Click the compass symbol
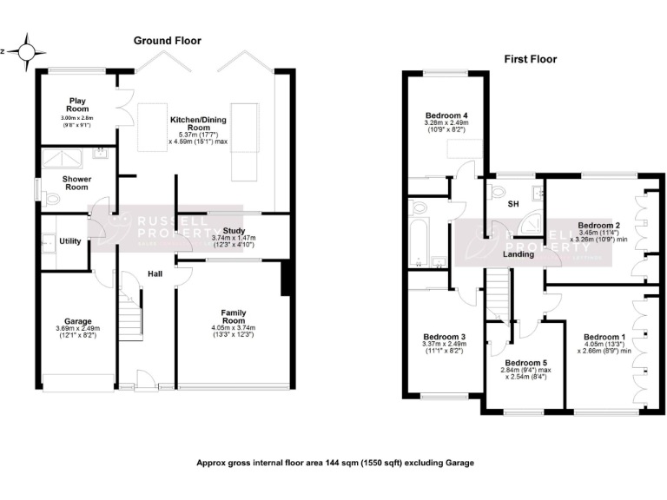(x=25, y=52)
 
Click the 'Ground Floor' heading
(x=167, y=41)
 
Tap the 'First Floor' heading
(x=530, y=60)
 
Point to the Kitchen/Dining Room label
(x=199, y=123)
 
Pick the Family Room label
(x=232, y=316)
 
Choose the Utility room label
(x=70, y=240)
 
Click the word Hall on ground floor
(x=155, y=274)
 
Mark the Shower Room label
(x=76, y=183)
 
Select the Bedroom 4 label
(x=446, y=115)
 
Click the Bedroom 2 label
(x=598, y=225)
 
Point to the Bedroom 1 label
(x=604, y=337)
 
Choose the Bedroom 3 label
(x=445, y=337)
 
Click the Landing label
(x=518, y=253)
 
